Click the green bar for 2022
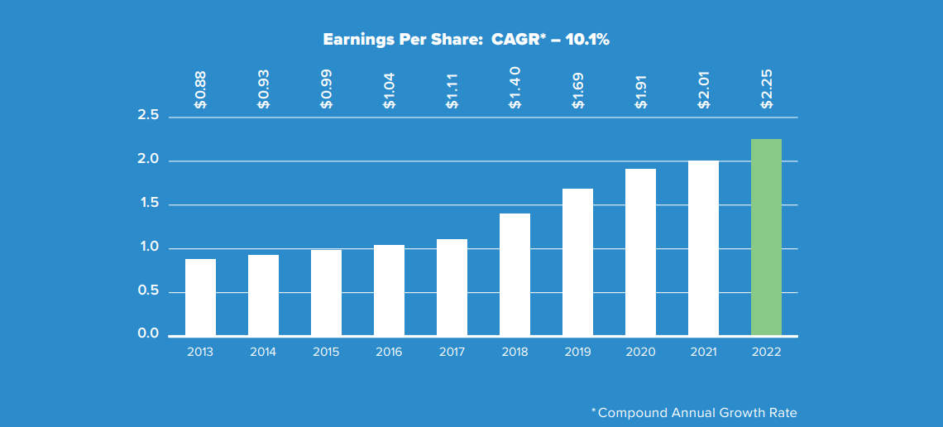pyautogui.click(x=766, y=237)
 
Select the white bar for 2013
pyautogui.click(x=200, y=297)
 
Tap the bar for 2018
pyautogui.click(x=515, y=275)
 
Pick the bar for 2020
pyautogui.click(x=640, y=252)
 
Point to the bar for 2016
pyautogui.click(x=389, y=290)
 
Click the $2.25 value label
pyautogui.click(x=767, y=89)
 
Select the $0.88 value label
pyautogui.click(x=201, y=89)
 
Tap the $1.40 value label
pyautogui.click(x=515, y=89)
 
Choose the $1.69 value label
pyautogui.click(x=578, y=89)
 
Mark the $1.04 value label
pyautogui.click(x=390, y=89)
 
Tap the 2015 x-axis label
pyautogui.click(x=326, y=352)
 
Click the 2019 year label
pyautogui.click(x=577, y=352)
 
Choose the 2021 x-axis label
pyautogui.click(x=703, y=352)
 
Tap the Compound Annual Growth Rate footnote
pyautogui.click(x=697, y=412)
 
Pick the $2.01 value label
pyautogui.click(x=704, y=89)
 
